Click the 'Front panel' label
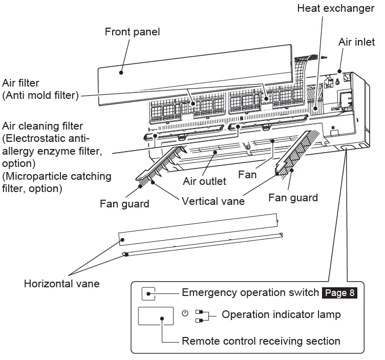tap(132, 32)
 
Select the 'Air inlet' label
tap(356, 42)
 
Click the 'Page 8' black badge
tap(339, 293)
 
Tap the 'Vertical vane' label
tap(213, 201)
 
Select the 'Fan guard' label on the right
tap(293, 197)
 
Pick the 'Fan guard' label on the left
tap(124, 204)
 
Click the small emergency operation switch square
tap(148, 294)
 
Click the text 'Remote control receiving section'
tap(261, 341)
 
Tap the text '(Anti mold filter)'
tap(40, 95)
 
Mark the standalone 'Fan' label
tap(247, 175)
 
